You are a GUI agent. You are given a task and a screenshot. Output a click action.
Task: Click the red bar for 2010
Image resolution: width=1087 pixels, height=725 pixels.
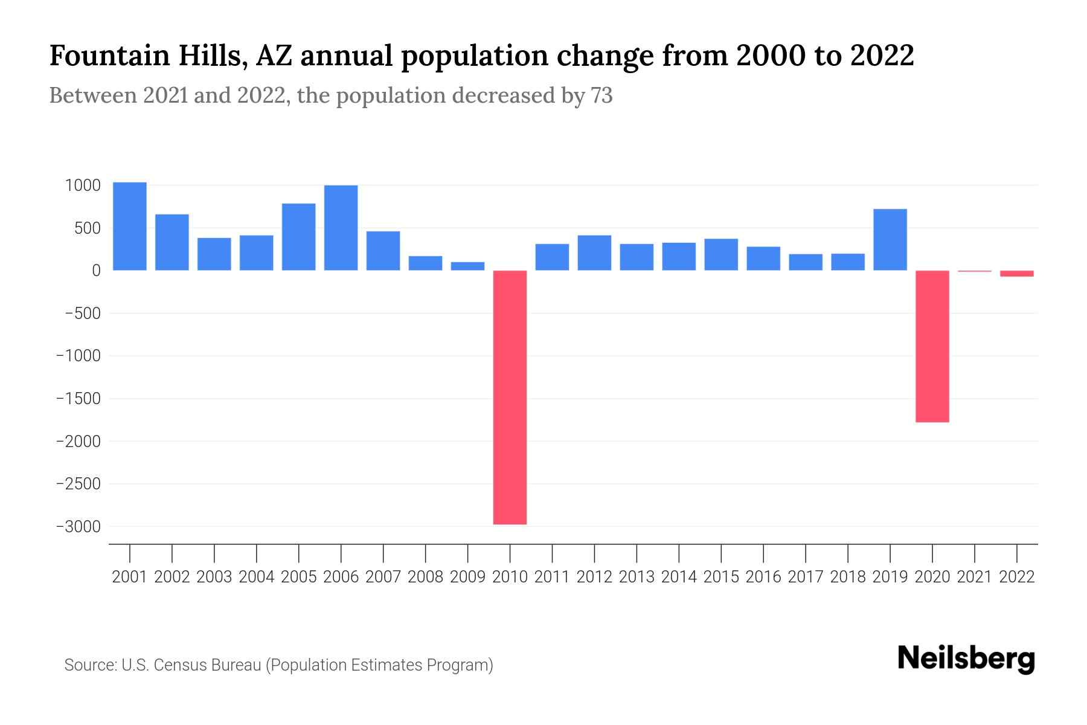(x=510, y=397)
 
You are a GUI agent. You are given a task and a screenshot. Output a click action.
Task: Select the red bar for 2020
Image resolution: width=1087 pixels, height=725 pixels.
(x=932, y=346)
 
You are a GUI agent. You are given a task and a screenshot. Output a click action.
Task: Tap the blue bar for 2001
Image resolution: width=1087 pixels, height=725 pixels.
(x=130, y=226)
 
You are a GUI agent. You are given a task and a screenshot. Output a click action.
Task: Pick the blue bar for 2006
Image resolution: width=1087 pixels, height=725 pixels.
(x=341, y=228)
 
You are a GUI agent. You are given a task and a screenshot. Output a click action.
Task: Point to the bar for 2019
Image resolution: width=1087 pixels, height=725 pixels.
(x=890, y=239)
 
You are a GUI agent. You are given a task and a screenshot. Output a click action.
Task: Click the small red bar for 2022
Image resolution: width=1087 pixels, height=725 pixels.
(x=1017, y=274)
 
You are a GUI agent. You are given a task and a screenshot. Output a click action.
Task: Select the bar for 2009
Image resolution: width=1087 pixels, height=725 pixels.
(x=468, y=266)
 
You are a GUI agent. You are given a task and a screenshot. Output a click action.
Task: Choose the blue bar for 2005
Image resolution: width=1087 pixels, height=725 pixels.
(x=299, y=237)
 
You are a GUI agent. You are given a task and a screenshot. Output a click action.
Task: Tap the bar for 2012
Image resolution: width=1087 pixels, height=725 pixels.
(x=594, y=253)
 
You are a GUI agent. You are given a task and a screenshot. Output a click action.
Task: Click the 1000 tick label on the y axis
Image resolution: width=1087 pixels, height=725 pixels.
(x=83, y=185)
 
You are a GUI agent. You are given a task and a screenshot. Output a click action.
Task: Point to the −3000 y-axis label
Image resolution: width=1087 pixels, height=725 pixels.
(x=78, y=527)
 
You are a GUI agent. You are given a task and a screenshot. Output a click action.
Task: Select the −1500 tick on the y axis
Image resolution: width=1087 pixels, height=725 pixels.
(x=78, y=399)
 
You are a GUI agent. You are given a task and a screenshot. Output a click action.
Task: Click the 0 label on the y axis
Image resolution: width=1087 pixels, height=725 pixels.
(x=95, y=271)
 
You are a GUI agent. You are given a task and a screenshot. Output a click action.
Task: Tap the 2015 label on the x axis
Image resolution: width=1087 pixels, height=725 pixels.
(x=721, y=577)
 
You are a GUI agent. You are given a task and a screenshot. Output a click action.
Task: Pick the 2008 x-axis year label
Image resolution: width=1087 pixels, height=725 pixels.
(x=426, y=577)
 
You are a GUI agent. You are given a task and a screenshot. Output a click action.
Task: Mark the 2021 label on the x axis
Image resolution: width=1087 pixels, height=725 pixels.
(x=975, y=577)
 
